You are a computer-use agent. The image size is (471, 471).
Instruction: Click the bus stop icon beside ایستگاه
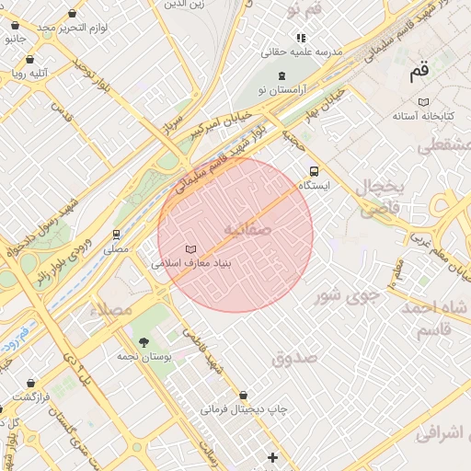tap(315, 171)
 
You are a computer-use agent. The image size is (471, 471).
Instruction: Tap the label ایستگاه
tap(315, 186)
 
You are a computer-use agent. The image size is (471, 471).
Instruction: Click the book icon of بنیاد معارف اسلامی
tap(190, 249)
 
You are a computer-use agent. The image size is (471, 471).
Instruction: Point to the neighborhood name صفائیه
tap(247, 228)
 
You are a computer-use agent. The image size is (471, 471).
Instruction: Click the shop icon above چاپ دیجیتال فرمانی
tap(243, 394)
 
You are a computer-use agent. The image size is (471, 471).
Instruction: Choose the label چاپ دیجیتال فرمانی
tap(245, 408)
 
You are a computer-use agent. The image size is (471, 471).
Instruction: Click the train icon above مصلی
tap(116, 235)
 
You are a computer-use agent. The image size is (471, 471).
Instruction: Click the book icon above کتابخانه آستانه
tap(422, 102)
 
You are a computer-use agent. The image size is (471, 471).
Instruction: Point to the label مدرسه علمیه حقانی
tap(303, 52)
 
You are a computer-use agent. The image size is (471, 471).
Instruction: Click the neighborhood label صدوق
tap(295, 357)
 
